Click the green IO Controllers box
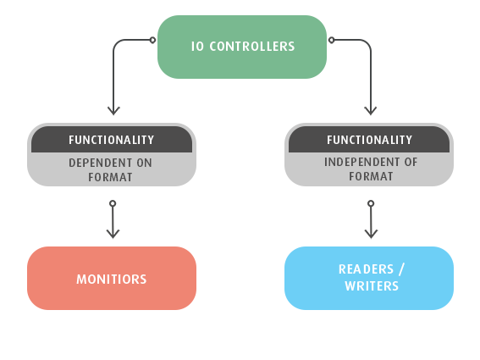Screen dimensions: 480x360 (242, 47)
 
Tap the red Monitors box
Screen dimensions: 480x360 (112, 278)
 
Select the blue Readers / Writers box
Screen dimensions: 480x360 (369, 278)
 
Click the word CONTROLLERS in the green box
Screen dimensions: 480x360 (252, 47)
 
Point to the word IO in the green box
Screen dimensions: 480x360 (197, 47)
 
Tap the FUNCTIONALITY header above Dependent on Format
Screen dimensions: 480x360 (112, 140)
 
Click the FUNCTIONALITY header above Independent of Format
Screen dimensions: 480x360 (369, 140)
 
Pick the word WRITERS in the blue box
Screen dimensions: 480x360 (372, 286)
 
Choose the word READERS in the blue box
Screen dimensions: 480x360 (366, 269)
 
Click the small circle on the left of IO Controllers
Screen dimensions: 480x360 (152, 40)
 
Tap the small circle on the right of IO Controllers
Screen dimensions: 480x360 (331, 40)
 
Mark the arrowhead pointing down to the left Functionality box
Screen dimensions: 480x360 (113, 111)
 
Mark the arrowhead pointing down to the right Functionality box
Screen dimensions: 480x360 (371, 111)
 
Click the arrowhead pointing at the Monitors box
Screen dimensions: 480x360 (113, 234)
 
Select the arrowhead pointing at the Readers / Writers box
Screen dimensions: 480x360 (371, 234)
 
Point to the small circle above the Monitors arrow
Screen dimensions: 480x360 (113, 203)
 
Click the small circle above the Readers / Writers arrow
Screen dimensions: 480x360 (371, 203)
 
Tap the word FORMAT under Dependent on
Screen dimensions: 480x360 (110, 177)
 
